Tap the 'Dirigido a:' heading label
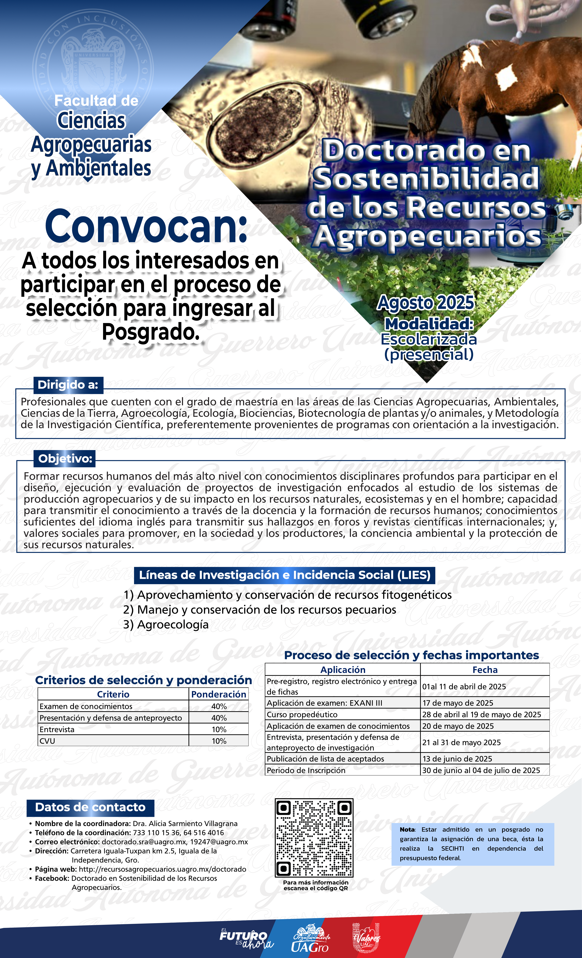point(68,385)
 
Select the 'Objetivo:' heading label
point(65,459)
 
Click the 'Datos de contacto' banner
point(90,807)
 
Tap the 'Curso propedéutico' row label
point(302,715)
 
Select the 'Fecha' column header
point(485,670)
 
